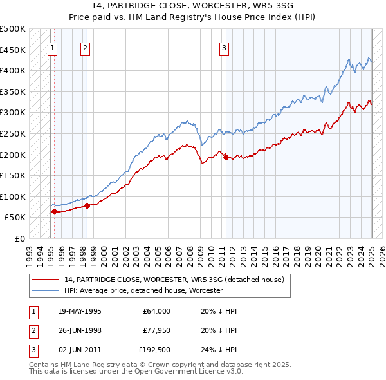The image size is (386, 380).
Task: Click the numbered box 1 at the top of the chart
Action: click(52, 47)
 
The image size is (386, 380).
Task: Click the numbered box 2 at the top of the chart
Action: click(86, 47)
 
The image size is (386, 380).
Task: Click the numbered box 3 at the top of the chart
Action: click(224, 47)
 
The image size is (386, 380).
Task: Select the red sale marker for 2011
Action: click(226, 157)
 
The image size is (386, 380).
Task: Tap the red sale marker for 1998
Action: click(87, 205)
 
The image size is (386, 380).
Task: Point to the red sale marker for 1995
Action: click(54, 211)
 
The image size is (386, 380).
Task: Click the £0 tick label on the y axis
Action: click(19, 238)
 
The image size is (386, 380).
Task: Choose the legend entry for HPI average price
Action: click(143, 290)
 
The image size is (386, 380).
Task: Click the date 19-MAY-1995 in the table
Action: click(80, 311)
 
